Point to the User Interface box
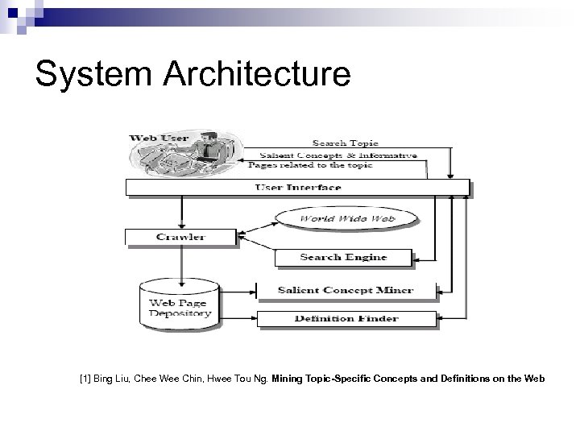[298, 187]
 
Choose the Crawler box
[181, 237]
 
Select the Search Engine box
[343, 258]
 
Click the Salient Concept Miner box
[346, 290]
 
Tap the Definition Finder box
[346, 318]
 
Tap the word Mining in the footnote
[288, 378]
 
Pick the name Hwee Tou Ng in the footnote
[239, 378]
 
